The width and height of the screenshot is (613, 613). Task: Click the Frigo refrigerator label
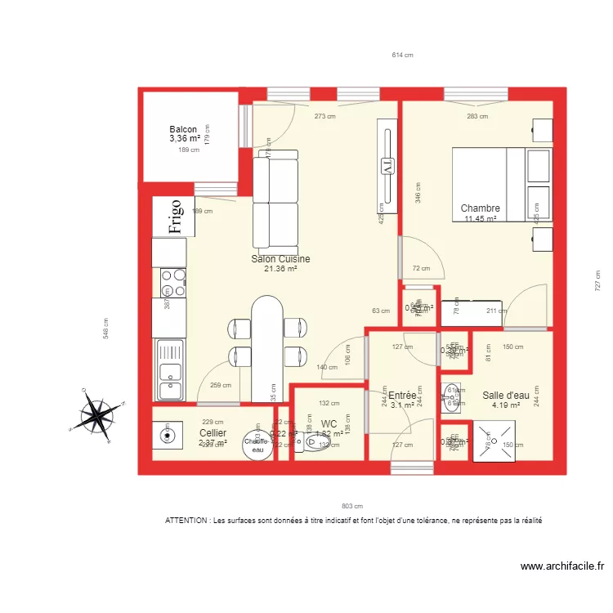[174, 217]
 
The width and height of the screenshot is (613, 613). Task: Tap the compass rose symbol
[98, 413]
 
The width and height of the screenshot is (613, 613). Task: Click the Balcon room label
[183, 129]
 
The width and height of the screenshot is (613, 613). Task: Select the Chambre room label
[480, 208]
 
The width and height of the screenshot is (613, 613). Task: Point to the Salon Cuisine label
[280, 258]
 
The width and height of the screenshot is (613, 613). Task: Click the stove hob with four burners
[173, 283]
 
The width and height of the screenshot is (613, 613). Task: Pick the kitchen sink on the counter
[171, 370]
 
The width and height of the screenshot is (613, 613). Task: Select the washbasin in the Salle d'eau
[452, 396]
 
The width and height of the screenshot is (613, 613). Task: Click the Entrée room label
[402, 395]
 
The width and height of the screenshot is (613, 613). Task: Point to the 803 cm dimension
[352, 506]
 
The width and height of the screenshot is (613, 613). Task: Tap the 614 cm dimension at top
[402, 56]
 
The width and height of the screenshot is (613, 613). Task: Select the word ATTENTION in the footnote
[187, 521]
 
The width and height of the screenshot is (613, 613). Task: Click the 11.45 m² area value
[480, 219]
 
